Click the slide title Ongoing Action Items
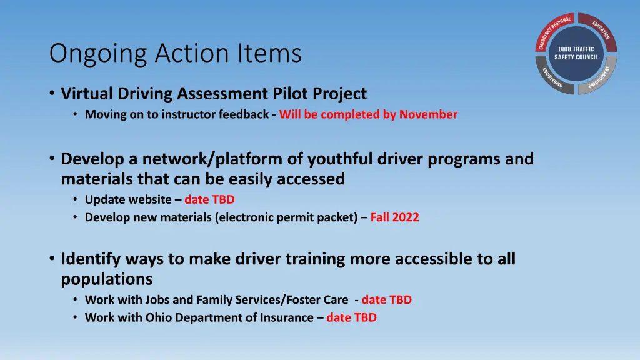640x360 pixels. pos(175,53)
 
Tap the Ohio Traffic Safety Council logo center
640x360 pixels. pos(576,53)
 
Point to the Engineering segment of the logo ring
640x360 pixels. pos(549,77)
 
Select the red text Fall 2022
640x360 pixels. pos(394,217)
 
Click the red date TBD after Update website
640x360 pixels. pos(209,199)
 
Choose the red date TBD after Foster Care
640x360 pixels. pos(386,299)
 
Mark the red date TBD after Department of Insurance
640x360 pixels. pos(351,317)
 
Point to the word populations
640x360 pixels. pos(106,279)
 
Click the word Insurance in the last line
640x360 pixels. pos(287,317)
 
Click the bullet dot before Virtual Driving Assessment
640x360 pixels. pos(52,94)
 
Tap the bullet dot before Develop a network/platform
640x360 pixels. pos(52,159)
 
